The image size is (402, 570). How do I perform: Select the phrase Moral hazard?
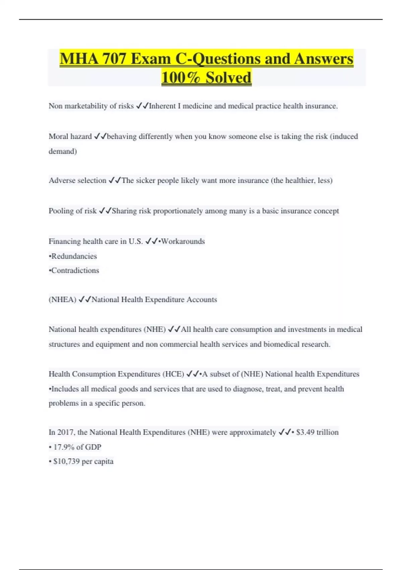point(70,136)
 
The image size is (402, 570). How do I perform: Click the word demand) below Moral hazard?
point(63,151)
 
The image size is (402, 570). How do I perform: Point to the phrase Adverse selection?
point(77,180)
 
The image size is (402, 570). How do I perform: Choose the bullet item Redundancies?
point(74,256)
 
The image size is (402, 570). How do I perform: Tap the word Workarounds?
point(183,241)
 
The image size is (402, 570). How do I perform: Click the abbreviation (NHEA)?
point(62,299)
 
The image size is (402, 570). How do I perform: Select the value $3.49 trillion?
point(317,432)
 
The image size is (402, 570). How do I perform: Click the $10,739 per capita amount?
point(83,461)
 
